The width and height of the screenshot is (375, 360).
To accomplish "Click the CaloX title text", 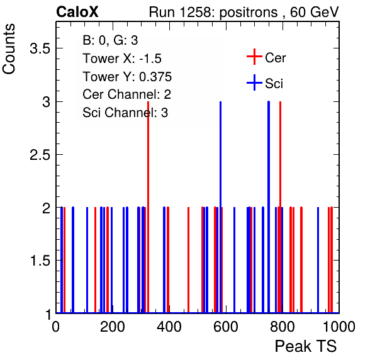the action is (77, 12).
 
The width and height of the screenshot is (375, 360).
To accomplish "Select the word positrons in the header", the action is (249, 13).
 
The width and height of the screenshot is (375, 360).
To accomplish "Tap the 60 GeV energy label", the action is (314, 12).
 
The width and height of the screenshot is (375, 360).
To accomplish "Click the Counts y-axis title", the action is (9, 49).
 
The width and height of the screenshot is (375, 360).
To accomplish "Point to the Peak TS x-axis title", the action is (306, 346).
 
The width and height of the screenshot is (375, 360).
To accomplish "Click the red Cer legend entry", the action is (266, 57).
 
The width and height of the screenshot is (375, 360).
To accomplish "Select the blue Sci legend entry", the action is (265, 83).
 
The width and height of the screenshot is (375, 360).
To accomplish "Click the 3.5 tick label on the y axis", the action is (40, 48).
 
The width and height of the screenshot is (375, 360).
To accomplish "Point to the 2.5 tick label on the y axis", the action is (40, 155).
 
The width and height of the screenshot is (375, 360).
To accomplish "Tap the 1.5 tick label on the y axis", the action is (40, 261).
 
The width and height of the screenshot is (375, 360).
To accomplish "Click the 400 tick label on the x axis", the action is (169, 327).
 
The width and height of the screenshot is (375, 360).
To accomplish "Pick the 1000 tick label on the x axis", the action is (339, 327).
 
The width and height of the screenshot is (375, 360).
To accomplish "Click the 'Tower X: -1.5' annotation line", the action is (122, 59).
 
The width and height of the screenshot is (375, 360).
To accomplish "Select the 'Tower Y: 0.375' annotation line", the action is (127, 77).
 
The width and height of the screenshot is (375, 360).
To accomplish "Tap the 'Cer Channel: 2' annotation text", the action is (126, 94).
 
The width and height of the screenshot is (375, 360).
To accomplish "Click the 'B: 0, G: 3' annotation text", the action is (110, 40).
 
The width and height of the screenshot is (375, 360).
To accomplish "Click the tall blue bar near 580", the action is (220, 207).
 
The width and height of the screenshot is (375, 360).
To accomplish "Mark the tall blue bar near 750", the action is (269, 207).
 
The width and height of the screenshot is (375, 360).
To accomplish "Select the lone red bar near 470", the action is (189, 260).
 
